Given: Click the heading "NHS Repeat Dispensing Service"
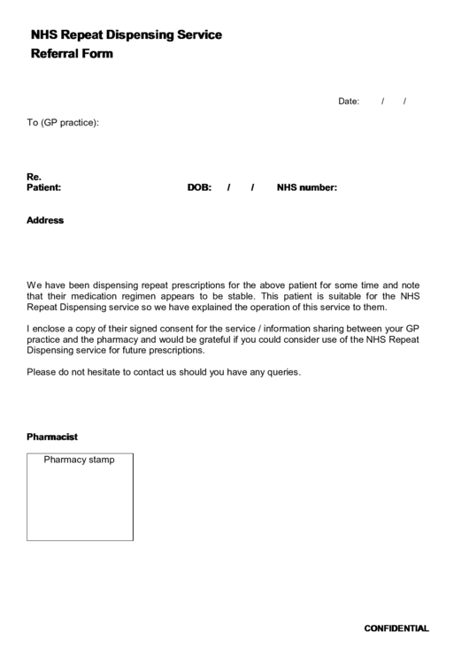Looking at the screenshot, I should [127, 35].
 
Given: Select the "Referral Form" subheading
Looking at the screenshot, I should [73, 54].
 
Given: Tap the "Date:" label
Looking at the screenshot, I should [349, 102].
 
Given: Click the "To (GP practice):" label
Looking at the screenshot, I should [63, 123].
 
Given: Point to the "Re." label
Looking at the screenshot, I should [35, 177].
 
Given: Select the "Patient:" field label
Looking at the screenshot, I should [43, 187].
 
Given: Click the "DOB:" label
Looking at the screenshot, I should [199, 187].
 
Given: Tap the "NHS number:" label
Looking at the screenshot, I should [307, 187].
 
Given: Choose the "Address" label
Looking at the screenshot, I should [45, 220].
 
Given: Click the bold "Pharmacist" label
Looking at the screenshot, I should [52, 437].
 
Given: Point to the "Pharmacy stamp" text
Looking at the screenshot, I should [80, 460].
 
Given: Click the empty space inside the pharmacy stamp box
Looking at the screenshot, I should [80, 504].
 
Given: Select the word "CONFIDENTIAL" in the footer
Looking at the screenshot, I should [396, 628].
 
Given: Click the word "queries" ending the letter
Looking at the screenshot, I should [282, 372].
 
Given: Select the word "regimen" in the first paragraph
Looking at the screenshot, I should [135, 297].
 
